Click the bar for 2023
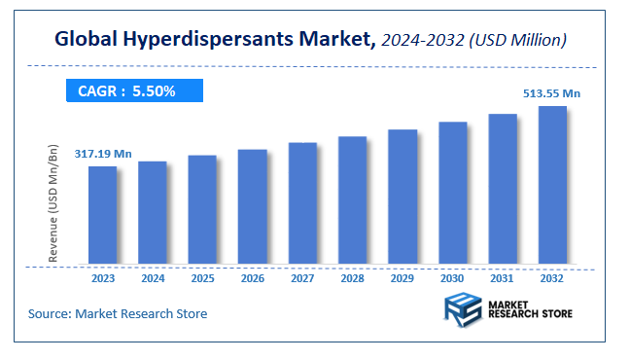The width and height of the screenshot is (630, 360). [x=102, y=215]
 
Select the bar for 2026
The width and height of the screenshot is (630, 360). [x=252, y=206]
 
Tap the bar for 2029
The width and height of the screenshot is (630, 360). [x=402, y=197]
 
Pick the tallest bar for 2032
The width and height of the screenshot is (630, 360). [x=552, y=185]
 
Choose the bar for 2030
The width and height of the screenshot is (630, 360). [x=452, y=193]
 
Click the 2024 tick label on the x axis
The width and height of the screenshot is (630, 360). [x=153, y=278]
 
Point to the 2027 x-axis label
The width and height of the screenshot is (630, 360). [x=302, y=278]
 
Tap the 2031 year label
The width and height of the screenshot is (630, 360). [x=503, y=278]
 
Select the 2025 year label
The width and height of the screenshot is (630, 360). [x=202, y=278]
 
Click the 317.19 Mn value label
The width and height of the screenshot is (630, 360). [x=103, y=154]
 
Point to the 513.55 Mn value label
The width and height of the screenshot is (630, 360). [x=553, y=93]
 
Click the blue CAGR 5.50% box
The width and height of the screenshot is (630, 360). [x=133, y=91]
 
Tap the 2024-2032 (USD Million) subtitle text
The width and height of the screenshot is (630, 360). [x=475, y=41]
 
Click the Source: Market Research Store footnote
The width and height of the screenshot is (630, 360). [x=117, y=313]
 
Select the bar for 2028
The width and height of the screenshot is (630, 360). [x=352, y=200]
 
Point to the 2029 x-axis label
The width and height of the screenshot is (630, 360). [x=402, y=278]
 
